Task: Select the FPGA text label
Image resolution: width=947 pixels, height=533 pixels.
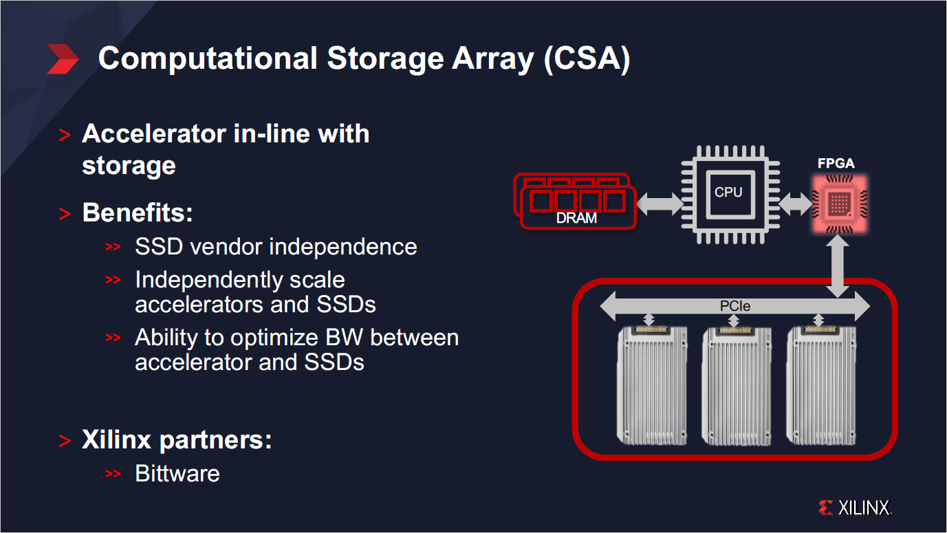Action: point(836,164)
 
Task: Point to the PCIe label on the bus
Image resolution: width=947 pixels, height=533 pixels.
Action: point(734,306)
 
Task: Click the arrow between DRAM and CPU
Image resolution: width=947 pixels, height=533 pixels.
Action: point(659,204)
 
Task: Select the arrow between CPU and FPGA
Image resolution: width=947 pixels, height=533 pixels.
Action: point(795,204)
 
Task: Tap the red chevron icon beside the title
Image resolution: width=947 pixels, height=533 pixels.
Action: point(63,58)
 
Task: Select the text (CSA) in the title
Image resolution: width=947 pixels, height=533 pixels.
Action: point(586,58)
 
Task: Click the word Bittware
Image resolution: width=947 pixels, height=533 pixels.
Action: point(177,473)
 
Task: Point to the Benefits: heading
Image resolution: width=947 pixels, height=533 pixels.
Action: point(138,213)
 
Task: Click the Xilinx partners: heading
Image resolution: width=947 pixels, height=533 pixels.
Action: point(177,439)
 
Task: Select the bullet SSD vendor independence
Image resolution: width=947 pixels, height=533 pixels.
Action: point(276,246)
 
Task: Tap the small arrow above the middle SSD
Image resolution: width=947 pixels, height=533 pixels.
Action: point(733,320)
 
